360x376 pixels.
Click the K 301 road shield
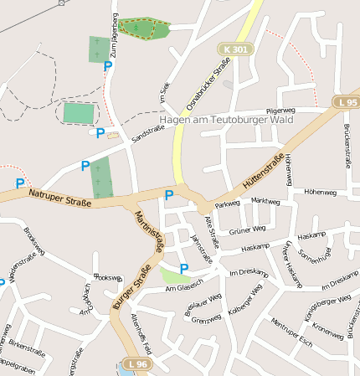pyautogui.click(x=236, y=49)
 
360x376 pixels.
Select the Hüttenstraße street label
pyautogui.click(x=263, y=171)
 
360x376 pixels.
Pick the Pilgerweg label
pyautogui.click(x=280, y=111)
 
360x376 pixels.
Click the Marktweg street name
pyautogui.click(x=265, y=201)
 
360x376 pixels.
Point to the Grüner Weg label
pyautogui.click(x=247, y=229)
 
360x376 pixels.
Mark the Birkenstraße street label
pyautogui.click(x=27, y=347)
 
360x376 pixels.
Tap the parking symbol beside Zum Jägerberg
pyautogui.click(x=107, y=65)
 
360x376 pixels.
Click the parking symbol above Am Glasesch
pyautogui.click(x=184, y=268)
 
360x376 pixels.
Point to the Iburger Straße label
pyautogui.click(x=131, y=298)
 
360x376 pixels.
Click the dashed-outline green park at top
pyautogui.click(x=141, y=29)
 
